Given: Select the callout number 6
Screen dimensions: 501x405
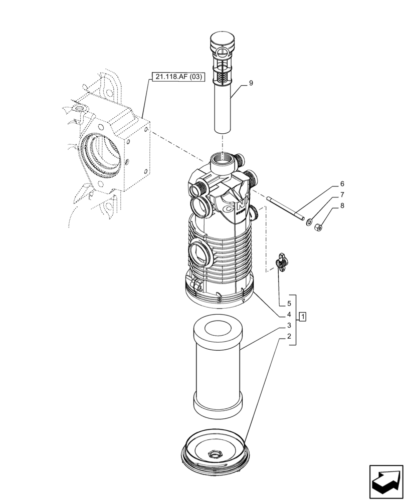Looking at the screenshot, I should (x=342, y=184).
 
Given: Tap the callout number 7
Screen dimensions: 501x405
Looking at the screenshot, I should (x=342, y=194).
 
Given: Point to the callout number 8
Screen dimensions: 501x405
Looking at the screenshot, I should (x=342, y=205).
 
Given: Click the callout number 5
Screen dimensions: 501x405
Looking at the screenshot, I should (x=289, y=304).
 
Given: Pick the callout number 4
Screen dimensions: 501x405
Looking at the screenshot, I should (x=289, y=315).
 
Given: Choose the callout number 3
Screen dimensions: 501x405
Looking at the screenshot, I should (x=289, y=326).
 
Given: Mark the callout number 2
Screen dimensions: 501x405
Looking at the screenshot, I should (x=289, y=337).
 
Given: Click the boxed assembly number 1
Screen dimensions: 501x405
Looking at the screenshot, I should (x=304, y=316).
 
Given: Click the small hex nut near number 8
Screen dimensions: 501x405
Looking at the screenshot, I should (x=317, y=228).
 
